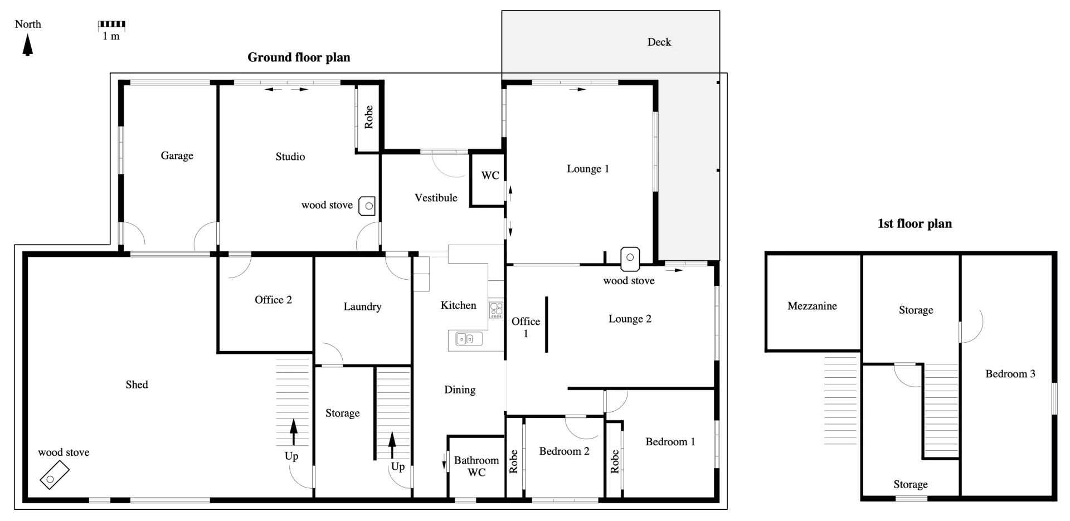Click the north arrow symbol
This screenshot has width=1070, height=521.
(27, 45)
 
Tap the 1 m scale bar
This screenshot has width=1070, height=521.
(111, 25)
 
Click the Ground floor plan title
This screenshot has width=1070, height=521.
(299, 57)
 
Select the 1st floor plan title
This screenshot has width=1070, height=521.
(915, 224)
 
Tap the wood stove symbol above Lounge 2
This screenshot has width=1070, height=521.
(630, 259)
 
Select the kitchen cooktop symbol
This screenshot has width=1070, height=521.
(496, 309)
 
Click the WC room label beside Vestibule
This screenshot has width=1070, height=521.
(490, 176)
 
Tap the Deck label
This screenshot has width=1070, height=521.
(659, 42)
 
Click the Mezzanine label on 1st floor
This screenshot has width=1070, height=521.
(812, 306)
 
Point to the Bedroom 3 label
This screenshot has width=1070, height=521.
(1010, 374)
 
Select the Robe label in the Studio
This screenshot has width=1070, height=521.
(368, 117)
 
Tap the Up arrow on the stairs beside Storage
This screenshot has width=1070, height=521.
(392, 445)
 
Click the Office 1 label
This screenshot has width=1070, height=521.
(526, 327)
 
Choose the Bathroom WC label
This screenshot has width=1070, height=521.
(476, 466)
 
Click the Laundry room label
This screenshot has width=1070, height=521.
(362, 306)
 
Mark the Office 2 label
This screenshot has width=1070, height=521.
(273, 300)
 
